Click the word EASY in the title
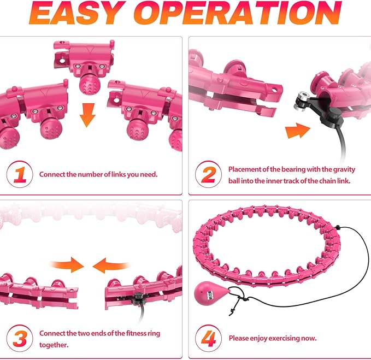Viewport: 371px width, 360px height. click(78, 13)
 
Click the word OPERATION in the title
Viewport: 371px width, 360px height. click(238, 13)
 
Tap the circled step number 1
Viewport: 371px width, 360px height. click(20, 174)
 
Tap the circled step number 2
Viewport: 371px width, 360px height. click(209, 174)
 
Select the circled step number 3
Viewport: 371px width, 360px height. click(20, 339)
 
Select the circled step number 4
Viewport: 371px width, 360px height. click(209, 339)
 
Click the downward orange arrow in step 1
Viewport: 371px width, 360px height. click(87, 115)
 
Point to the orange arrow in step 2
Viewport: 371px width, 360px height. click(298, 131)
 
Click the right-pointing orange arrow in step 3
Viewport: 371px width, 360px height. click(67, 265)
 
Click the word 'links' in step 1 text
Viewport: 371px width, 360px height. click(119, 175)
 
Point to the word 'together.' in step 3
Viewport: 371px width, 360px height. click(54, 345)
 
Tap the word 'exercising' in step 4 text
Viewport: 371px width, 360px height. click(281, 339)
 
